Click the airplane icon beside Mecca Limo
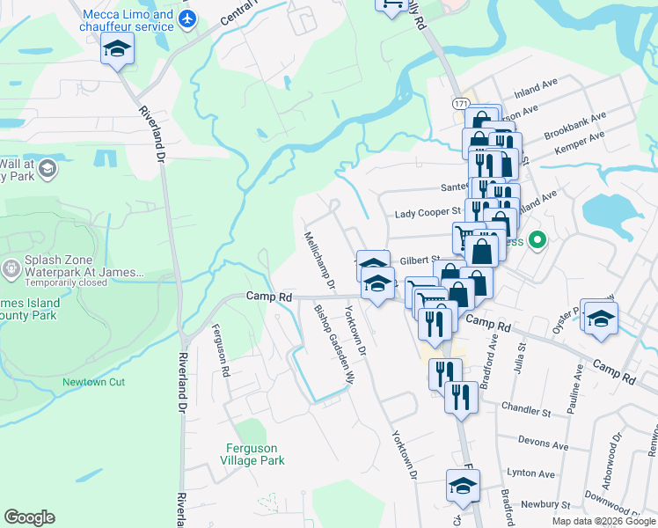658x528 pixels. coord(186,19)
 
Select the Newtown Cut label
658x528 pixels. coord(94,382)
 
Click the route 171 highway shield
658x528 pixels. coord(460,103)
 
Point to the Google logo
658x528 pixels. coord(29,517)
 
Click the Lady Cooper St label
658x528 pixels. coord(428,212)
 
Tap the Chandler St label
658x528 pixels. coord(525,409)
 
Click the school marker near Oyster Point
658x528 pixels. coord(600,319)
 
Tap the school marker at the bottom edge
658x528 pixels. coord(463,487)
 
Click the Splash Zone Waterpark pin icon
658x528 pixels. coord(11,268)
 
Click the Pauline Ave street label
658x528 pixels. coord(576,385)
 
